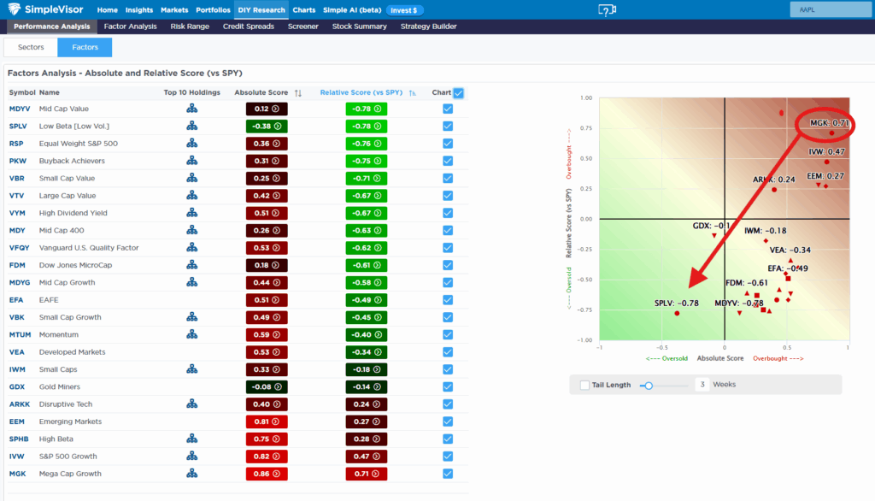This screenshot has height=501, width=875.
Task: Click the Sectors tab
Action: pyautogui.click(x=31, y=47)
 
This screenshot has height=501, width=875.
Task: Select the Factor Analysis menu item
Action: pyautogui.click(x=130, y=27)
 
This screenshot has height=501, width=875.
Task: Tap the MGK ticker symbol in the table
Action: pyautogui.click(x=19, y=474)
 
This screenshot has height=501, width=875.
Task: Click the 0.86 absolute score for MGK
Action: pyautogui.click(x=266, y=474)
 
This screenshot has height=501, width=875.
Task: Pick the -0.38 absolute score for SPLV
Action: pyautogui.click(x=266, y=126)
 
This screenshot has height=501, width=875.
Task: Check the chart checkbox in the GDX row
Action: pyautogui.click(x=448, y=386)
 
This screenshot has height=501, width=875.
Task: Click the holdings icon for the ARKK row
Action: pyautogui.click(x=191, y=404)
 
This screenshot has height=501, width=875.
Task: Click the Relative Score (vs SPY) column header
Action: pyautogui.click(x=361, y=92)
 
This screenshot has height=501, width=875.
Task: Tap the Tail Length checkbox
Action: pyautogui.click(x=584, y=385)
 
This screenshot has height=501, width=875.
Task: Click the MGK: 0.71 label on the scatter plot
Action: pyautogui.click(x=829, y=123)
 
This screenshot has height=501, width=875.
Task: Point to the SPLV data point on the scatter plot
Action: pyautogui.click(x=677, y=314)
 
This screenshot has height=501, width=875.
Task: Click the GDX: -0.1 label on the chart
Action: pyautogui.click(x=711, y=226)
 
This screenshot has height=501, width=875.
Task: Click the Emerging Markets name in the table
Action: pyautogui.click(x=70, y=421)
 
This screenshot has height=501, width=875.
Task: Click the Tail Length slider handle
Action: pyautogui.click(x=649, y=386)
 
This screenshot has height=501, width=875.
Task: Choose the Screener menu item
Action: pyautogui.click(x=302, y=27)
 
